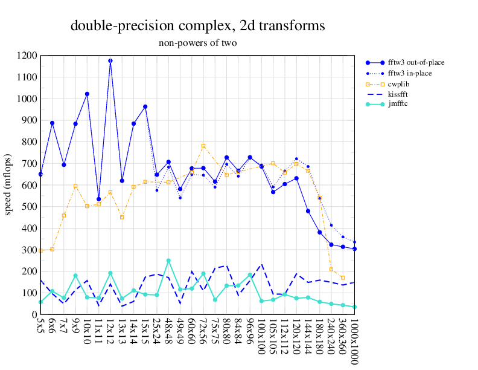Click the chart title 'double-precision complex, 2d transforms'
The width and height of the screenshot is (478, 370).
pos(198,26)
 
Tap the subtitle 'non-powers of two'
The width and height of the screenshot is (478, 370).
pos(198,43)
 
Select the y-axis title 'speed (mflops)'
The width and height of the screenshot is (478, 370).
pos(8,185)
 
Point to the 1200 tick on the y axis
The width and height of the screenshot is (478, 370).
pos(28,56)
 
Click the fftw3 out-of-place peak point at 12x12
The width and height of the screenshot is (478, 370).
pos(110,60)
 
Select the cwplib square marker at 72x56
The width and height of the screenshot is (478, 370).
pos(203,146)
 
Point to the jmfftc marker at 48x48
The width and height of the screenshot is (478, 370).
pos(168,261)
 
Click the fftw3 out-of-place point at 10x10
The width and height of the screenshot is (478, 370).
pos(87,94)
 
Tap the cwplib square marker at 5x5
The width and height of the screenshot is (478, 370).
pos(40,251)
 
